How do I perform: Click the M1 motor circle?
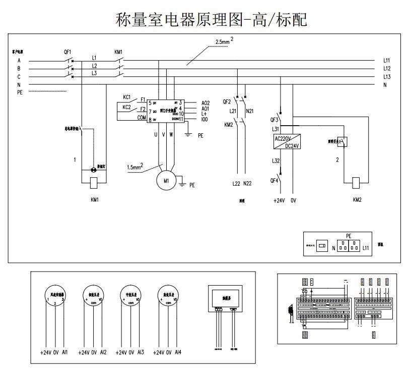click(165, 180)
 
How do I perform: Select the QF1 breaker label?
click(67, 52)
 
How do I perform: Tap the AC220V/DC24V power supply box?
click(287, 142)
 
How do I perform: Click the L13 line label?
click(387, 77)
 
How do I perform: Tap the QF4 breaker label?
click(275, 180)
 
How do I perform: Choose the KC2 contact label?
click(126, 107)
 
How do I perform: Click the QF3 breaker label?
click(275, 120)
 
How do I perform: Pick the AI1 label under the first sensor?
click(65, 352)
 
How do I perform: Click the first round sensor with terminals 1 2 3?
click(55, 296)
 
